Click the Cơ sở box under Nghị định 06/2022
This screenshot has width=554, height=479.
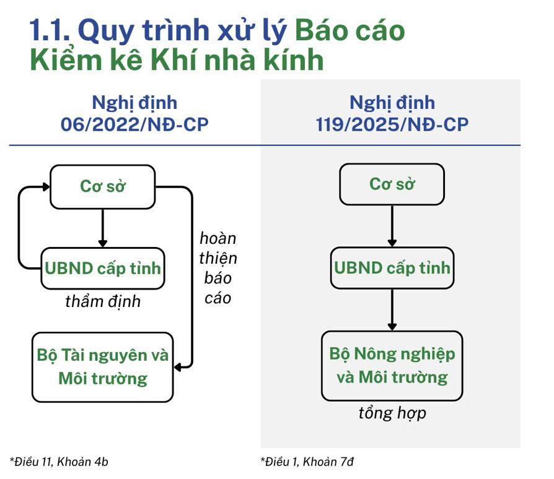coord(103,187)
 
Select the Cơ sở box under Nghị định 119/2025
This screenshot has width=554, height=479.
coord(392,184)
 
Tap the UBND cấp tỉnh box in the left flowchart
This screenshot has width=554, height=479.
coord(103,269)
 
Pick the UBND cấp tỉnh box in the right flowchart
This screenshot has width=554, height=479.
coord(392,268)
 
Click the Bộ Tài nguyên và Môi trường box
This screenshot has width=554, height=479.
coord(103,367)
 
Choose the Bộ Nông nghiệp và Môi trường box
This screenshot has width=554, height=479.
coord(392,366)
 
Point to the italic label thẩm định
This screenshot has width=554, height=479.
coord(103,302)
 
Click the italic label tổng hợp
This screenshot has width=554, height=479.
coord(392,413)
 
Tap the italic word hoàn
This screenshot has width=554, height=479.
coord(218,238)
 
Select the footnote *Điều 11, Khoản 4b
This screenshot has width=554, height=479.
coord(59,462)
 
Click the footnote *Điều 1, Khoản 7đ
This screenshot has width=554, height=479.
coord(307,462)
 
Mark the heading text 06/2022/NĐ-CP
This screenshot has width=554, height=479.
coord(134,124)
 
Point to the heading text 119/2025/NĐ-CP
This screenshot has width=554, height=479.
coord(392,124)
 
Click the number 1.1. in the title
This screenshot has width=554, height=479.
coord(50,31)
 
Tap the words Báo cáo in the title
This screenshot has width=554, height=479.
coord(350,30)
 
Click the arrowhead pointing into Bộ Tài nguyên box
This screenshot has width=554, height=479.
coord(178,367)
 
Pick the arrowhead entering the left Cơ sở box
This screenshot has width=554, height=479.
coord(46,187)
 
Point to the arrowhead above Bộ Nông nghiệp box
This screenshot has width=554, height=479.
coord(392,326)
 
